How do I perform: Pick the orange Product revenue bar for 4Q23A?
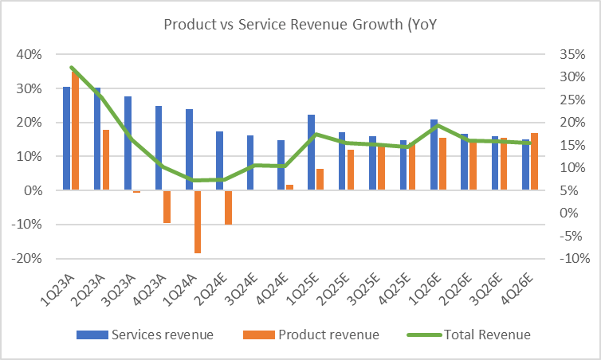(x=167, y=206)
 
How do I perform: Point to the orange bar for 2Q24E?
(x=228, y=207)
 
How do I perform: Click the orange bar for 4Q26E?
(x=534, y=162)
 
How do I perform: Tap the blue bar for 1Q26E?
(x=434, y=155)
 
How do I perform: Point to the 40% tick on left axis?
(x=29, y=55)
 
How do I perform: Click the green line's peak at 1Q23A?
(x=72, y=68)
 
